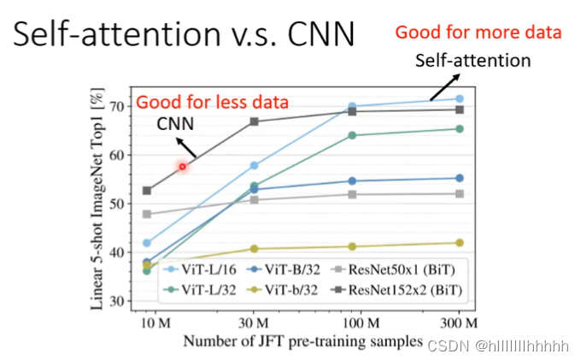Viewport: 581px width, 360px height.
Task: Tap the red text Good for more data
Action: tap(478, 33)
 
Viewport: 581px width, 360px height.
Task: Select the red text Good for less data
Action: tap(213, 103)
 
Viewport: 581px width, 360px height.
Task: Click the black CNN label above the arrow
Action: tap(174, 125)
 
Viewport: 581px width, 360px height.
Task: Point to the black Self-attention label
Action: tap(473, 61)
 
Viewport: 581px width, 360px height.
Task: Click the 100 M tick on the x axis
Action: tap(361, 324)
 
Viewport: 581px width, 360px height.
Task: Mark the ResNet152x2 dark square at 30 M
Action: tap(254, 121)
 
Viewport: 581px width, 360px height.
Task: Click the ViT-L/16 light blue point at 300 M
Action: tap(459, 99)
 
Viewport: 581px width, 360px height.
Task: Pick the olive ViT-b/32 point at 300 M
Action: tap(459, 243)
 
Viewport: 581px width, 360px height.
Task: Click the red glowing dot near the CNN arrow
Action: tap(182, 166)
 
